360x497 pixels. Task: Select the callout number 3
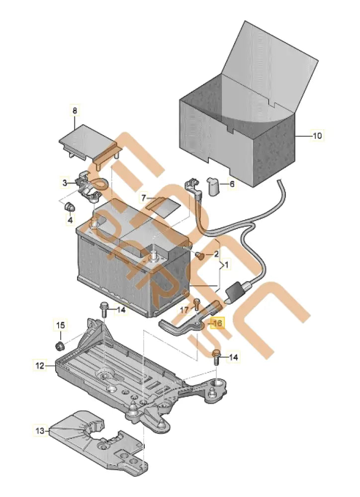pos(65,183)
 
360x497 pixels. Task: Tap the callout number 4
pos(70,219)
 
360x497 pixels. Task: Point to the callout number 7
pos(144,198)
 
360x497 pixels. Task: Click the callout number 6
pos(231,183)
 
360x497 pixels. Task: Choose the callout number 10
pos(317,135)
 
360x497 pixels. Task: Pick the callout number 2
pos(216,254)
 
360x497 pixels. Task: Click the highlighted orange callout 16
pos(217,323)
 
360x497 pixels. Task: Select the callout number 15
pos(60,326)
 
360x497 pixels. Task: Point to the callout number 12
pos(40,366)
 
